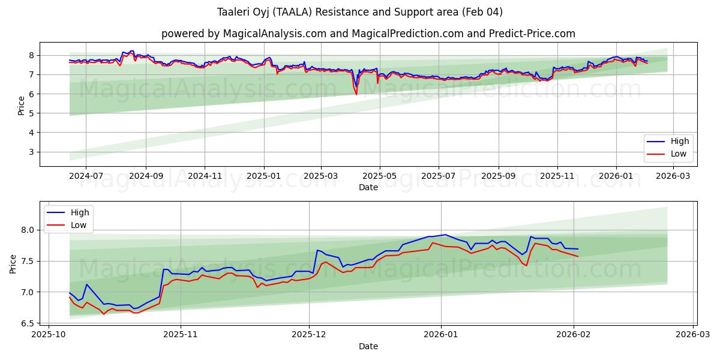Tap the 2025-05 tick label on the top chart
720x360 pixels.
pos(379,177)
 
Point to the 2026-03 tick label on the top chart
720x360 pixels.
pos(673,177)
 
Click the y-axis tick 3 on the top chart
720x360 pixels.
pos(32,152)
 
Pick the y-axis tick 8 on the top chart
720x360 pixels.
pos(32,55)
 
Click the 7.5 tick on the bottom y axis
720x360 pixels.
pos(28,261)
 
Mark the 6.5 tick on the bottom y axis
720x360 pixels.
pos(28,323)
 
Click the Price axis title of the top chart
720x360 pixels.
pos(22,104)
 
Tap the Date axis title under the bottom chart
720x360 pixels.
pos(368,346)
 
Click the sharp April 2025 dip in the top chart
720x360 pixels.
pos(356,93)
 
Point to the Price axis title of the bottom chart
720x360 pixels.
pos(13,263)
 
